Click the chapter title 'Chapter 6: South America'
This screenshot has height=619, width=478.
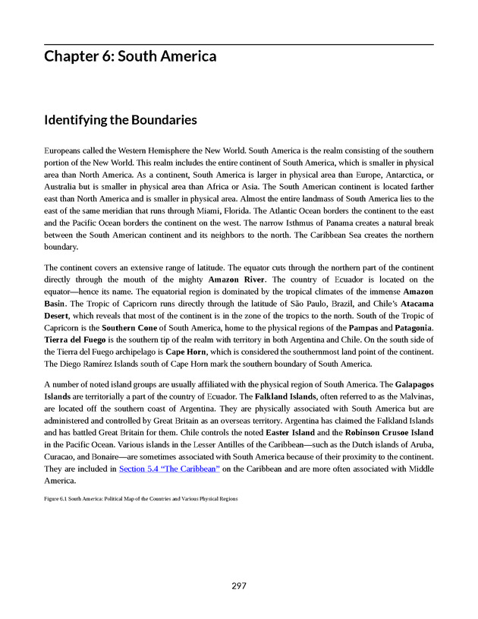click(130, 57)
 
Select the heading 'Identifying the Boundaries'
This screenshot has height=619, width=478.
click(121, 120)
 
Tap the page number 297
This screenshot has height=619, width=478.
click(239, 586)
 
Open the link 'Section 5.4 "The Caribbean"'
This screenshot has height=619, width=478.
click(169, 469)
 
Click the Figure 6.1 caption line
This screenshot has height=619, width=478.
click(141, 499)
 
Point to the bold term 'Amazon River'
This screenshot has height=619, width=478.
click(236, 279)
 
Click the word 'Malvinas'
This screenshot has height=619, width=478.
click(415, 397)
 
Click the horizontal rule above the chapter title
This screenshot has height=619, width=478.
click(239, 44)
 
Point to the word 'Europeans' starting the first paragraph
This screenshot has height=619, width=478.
click(66, 152)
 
